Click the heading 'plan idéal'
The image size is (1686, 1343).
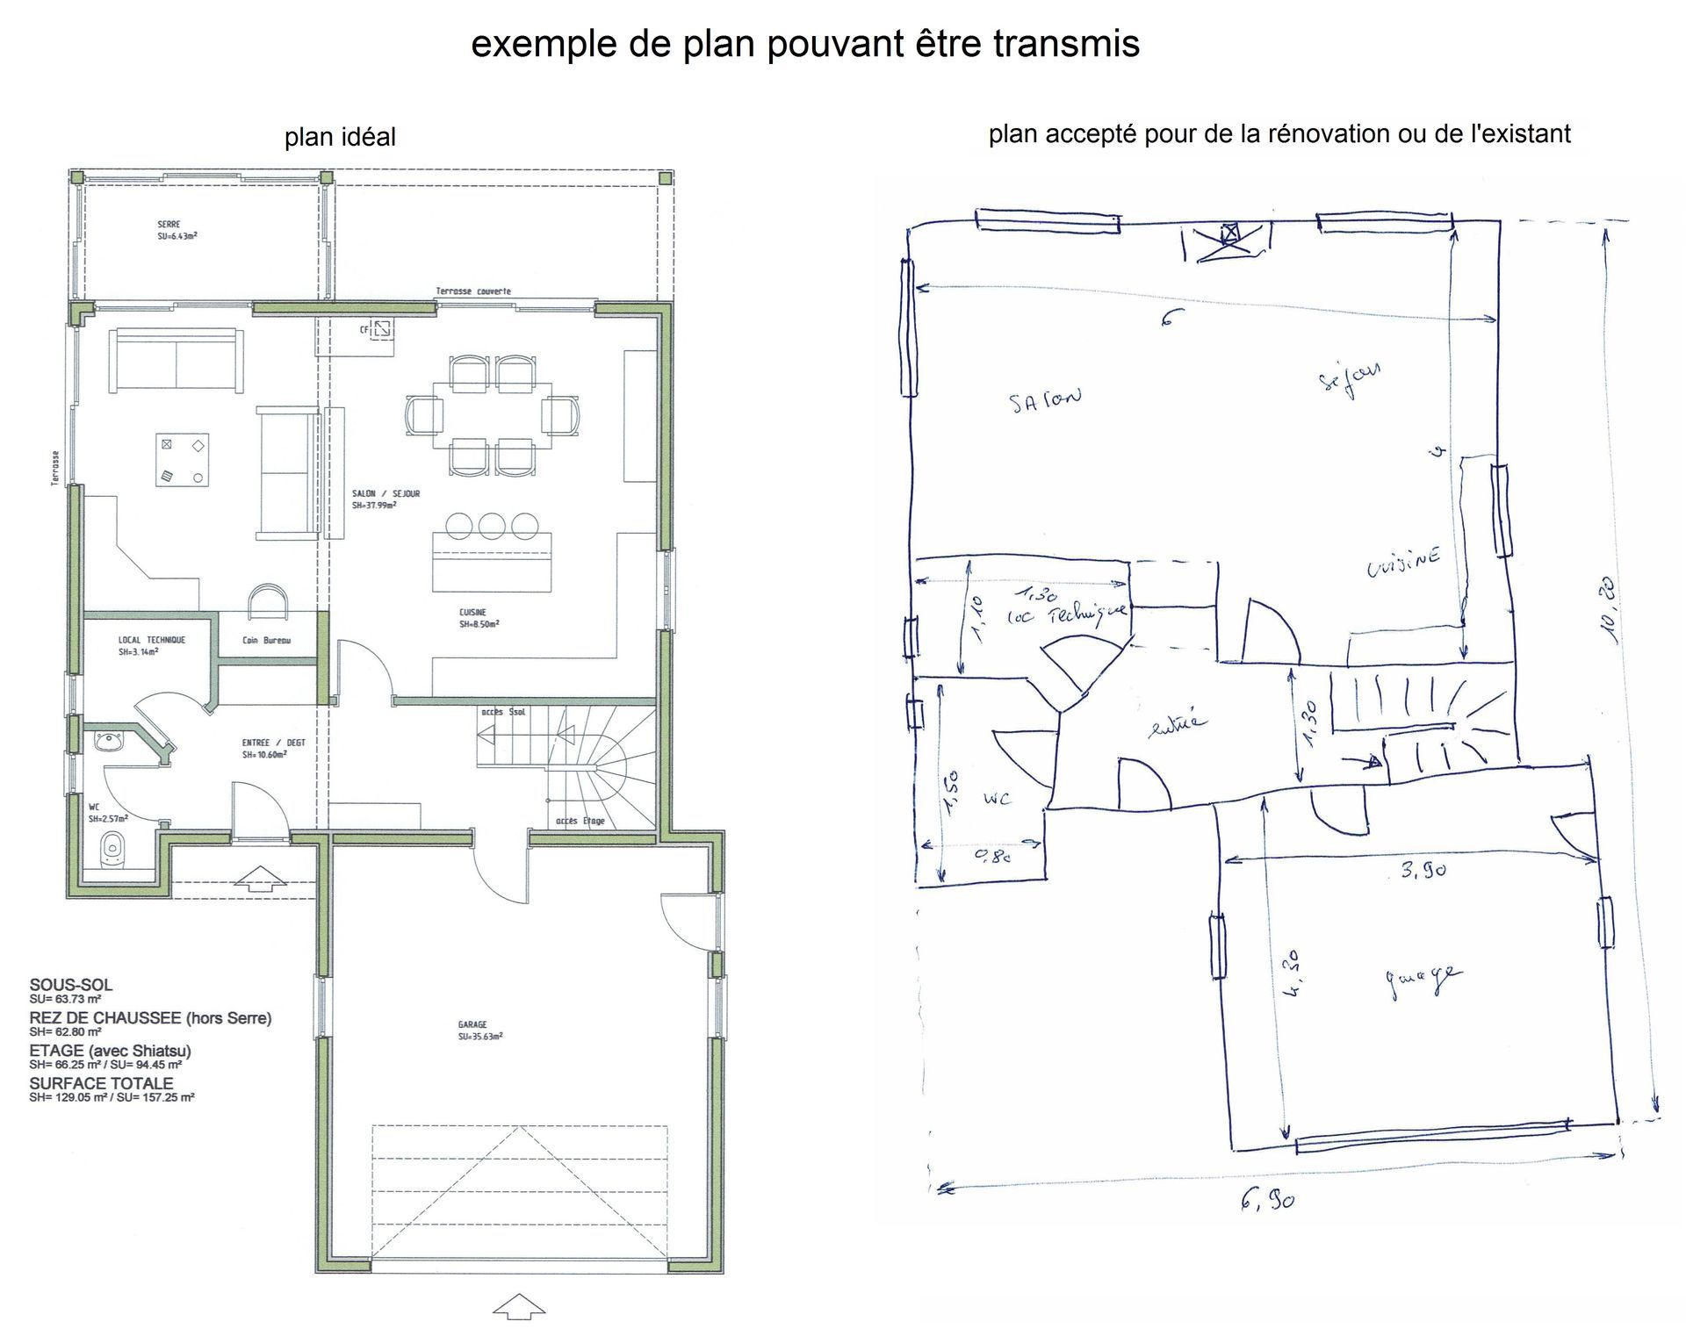340,137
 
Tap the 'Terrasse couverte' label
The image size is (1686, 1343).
473,291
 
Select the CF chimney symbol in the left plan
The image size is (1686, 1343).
382,330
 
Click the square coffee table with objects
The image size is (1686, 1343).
182,459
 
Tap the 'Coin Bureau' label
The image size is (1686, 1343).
266,641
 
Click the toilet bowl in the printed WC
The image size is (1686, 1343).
112,849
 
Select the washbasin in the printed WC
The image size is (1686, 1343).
108,740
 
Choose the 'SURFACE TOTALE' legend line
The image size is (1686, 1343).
102,1083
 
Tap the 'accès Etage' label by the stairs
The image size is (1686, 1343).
580,821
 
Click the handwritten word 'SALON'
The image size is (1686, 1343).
1044,400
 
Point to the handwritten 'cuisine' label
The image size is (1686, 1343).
1403,562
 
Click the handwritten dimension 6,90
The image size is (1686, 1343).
1267,1199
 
